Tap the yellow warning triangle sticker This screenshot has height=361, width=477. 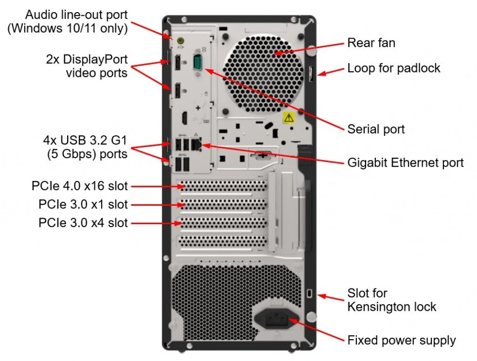point(289,117)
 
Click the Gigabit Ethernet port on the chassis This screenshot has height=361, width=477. point(198,145)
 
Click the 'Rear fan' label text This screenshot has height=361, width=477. point(371,43)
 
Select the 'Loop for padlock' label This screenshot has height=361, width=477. point(394,68)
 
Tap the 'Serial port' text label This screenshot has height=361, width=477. point(376,129)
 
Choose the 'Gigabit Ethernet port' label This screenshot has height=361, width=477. point(405,162)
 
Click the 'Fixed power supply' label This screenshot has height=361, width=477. point(402,340)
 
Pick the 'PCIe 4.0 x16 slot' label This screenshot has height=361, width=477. point(80,187)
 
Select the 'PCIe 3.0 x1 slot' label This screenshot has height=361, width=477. point(83,205)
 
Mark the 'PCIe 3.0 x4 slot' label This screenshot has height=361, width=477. point(83,223)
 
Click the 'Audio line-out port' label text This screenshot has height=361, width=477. point(76,14)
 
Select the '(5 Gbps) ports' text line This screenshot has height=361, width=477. point(87,154)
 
